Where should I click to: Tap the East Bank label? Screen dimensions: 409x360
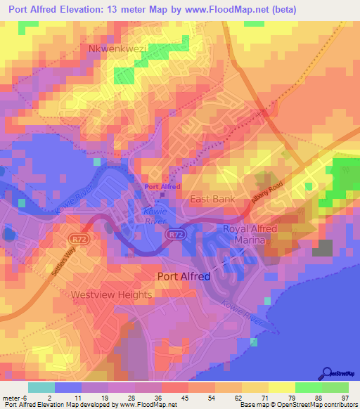(x=213, y=199)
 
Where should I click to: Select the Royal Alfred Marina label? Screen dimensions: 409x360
(x=250, y=235)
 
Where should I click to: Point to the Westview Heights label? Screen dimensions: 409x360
(x=111, y=295)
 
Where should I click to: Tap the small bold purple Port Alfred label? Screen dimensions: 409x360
(x=162, y=187)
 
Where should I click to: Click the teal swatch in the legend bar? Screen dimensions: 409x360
(x=41, y=387)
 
